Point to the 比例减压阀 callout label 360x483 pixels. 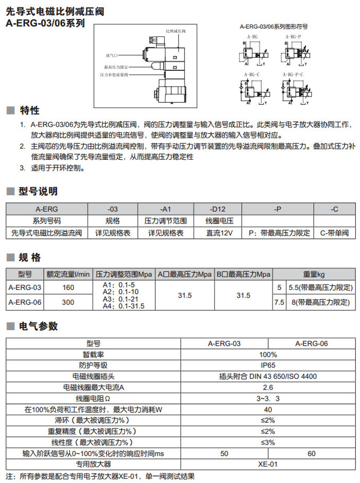click(x=175, y=31)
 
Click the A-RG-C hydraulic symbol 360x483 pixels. click(x=252, y=90)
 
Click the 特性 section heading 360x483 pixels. click(x=29, y=111)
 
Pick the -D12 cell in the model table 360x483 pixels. click(x=218, y=209)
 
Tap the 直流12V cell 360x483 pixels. click(x=218, y=233)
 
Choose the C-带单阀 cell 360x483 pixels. click(x=333, y=233)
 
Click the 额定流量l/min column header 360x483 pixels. click(x=68, y=274)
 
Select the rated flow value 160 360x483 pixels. click(x=68, y=287)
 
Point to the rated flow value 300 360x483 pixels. click(x=68, y=303)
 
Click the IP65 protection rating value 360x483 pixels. click(x=268, y=365)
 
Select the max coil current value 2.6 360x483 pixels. click(x=268, y=387)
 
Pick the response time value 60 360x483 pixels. click(x=312, y=453)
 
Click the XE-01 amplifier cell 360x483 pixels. click(x=268, y=464)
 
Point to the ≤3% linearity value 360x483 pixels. click(x=268, y=442)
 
